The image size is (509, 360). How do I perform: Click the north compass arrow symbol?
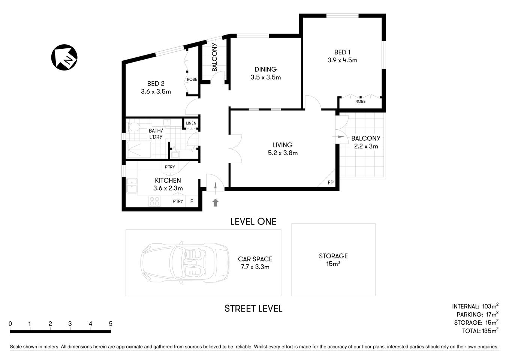coord(64,57)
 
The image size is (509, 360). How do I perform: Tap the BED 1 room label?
coord(342,52)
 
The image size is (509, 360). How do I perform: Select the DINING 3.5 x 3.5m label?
coord(265,73)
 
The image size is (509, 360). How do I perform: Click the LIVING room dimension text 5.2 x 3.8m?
coord(283,153)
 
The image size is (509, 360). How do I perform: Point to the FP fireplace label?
coord(330,183)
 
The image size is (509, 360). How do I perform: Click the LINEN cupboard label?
coord(191,123)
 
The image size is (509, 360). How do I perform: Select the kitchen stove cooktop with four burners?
coord(154,201)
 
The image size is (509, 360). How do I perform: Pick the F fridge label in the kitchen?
coord(192,201)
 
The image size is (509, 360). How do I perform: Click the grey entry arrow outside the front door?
coord(216,203)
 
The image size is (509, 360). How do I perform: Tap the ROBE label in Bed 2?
coord(192,79)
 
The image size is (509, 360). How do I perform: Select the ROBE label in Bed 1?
coord(360,102)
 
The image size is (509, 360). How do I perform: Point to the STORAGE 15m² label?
coord(333,259)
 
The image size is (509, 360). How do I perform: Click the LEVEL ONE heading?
coord(253,222)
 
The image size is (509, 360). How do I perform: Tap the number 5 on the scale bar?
coord(111,324)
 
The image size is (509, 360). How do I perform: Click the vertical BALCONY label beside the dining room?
coord(214,57)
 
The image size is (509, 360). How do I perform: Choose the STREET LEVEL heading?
coord(253,309)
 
